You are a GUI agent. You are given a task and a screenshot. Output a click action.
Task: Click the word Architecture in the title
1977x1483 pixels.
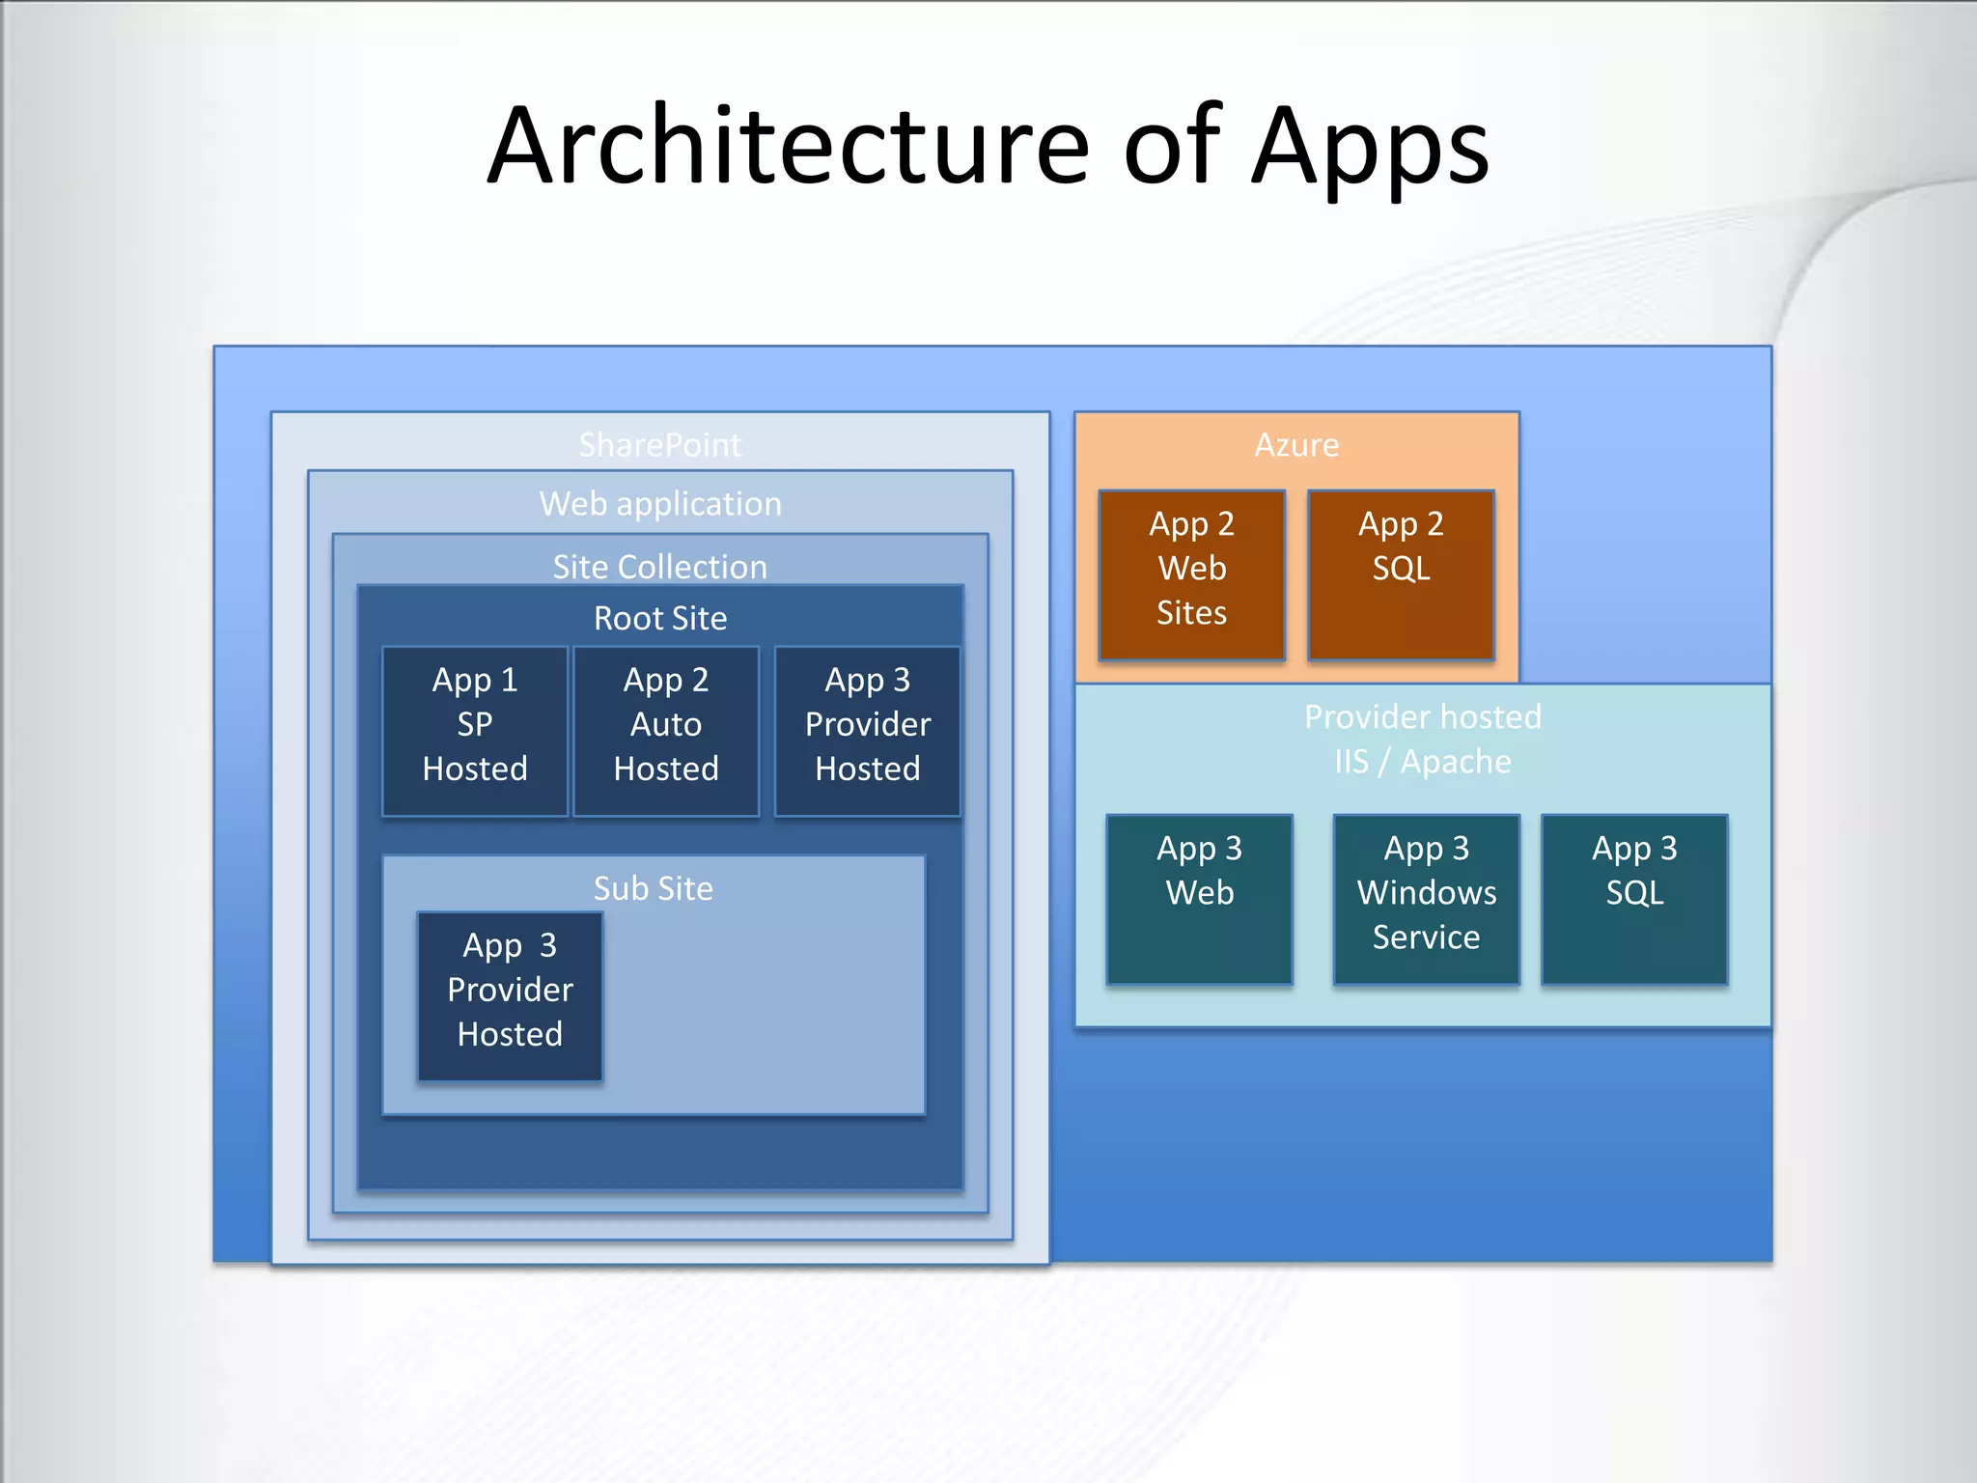[x=788, y=147]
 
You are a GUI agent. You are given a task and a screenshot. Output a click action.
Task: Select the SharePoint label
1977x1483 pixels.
[x=660, y=445]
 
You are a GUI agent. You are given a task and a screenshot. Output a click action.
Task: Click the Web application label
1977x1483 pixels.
[x=660, y=504]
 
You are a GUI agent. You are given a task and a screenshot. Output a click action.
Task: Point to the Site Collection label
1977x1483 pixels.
[x=660, y=567]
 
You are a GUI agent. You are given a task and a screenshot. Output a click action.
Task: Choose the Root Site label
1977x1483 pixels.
[x=660, y=618]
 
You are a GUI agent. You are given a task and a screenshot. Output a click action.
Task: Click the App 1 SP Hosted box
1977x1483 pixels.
[x=475, y=731]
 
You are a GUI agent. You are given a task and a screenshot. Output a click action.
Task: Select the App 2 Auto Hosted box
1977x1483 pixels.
[x=666, y=731]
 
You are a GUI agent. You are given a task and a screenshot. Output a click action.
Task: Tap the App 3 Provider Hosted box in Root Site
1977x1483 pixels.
[x=868, y=731]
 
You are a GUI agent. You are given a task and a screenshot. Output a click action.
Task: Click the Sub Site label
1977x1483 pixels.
[x=654, y=888]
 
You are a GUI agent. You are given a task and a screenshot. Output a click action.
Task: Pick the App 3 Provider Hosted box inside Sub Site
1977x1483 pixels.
[x=510, y=995]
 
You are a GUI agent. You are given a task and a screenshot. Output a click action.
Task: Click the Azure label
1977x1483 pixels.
[x=1296, y=445]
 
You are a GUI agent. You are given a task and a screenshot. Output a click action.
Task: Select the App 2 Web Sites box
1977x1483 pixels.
[x=1192, y=574]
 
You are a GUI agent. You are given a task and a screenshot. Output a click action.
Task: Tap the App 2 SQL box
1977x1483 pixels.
[x=1402, y=574]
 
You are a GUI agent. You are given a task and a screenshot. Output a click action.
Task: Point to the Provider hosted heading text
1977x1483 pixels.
[x=1423, y=716]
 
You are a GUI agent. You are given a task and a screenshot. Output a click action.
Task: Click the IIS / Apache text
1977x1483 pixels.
[x=1423, y=762]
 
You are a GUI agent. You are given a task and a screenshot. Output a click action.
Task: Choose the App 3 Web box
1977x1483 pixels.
[x=1200, y=899]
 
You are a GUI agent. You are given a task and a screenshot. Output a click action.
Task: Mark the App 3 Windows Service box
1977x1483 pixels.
[x=1427, y=899]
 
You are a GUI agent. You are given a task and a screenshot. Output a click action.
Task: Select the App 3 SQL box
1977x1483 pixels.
[x=1635, y=899]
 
